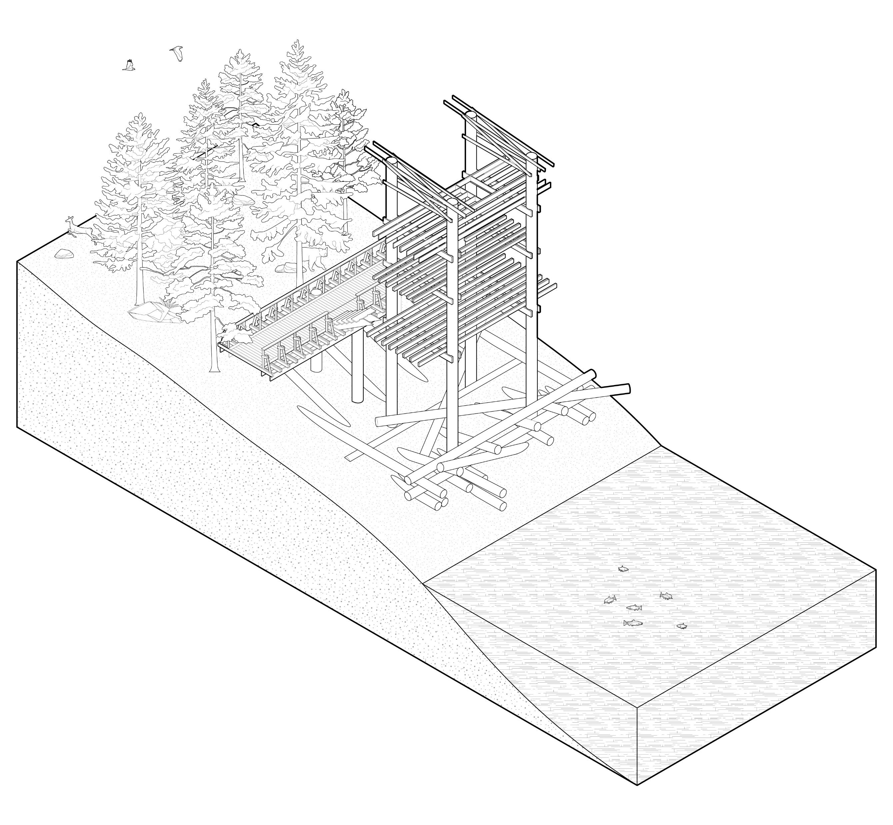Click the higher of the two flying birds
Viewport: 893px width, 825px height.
[x=177, y=53]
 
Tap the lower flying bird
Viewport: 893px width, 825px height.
[x=129, y=65]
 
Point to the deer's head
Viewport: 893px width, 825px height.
[x=69, y=219]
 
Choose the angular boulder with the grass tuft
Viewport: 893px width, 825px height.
[x=152, y=311]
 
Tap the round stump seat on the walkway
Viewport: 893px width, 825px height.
[x=316, y=293]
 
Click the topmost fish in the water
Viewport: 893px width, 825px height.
[x=623, y=569]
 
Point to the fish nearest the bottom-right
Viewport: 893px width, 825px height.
[x=681, y=626]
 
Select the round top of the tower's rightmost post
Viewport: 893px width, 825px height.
[x=532, y=156]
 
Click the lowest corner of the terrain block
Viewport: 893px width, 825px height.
[x=637, y=797]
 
